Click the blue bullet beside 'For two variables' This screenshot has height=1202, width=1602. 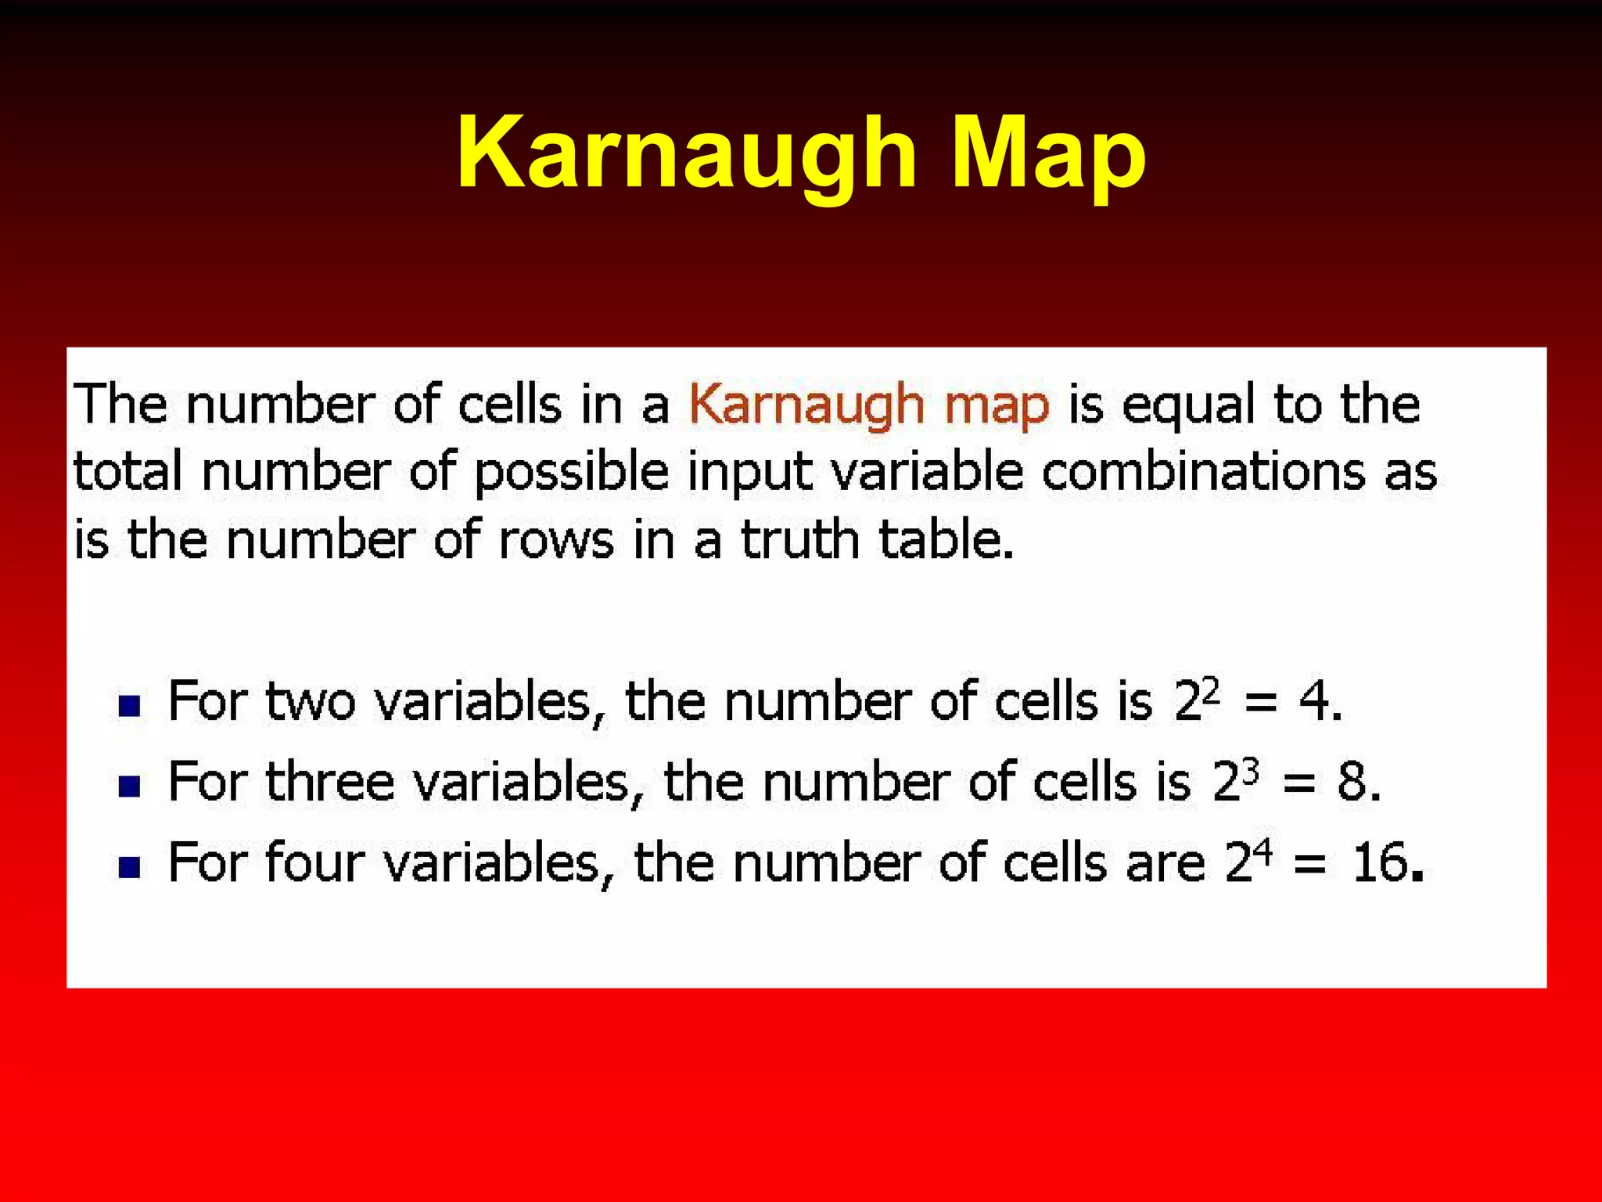[x=129, y=706]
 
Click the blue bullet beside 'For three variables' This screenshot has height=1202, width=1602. [x=129, y=786]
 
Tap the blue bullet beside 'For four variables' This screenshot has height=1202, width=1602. [x=129, y=867]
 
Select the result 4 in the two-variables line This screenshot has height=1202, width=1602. [x=1313, y=700]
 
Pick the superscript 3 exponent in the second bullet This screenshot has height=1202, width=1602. [x=1251, y=771]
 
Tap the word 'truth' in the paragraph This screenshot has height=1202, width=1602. [x=800, y=540]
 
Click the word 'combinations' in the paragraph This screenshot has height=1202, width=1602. [x=1203, y=473]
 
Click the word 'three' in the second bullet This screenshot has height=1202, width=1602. [x=329, y=781]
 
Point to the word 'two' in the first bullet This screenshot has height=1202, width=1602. [x=311, y=701]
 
